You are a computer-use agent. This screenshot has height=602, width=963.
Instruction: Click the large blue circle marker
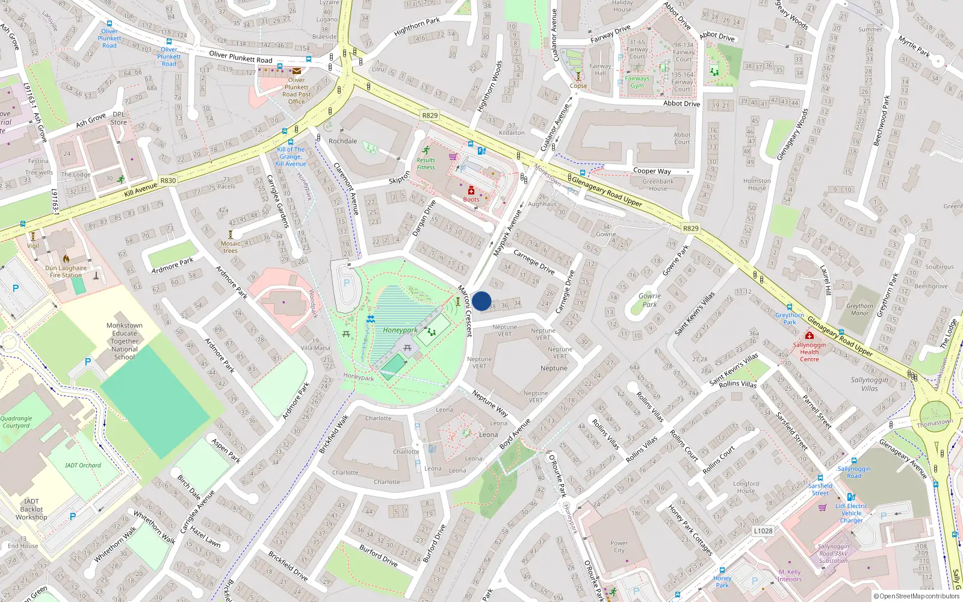point(482,301)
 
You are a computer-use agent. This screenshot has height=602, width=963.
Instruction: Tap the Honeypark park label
point(400,330)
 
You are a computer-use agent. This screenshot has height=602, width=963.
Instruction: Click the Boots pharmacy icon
point(471,191)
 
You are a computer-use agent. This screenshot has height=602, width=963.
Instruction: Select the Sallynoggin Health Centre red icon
point(810,335)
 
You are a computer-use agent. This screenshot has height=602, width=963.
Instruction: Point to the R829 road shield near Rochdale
point(430,116)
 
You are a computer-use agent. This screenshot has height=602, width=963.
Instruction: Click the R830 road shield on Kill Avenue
point(168,181)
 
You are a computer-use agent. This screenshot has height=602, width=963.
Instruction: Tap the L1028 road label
point(763,531)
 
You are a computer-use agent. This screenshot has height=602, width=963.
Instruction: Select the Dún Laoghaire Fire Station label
point(66,272)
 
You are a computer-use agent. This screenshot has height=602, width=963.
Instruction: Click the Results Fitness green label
point(426,164)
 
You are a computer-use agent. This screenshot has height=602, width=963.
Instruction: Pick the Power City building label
point(619,547)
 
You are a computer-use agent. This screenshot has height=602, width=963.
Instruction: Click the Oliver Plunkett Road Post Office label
point(296,90)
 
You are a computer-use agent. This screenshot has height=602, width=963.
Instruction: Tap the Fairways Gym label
point(637,82)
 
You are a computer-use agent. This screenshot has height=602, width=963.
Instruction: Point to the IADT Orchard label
point(83,465)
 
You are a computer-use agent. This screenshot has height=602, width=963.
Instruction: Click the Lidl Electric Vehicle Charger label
point(851,513)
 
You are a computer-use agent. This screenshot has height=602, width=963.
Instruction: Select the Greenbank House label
point(658,185)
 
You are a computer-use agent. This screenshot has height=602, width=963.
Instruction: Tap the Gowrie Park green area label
point(649,300)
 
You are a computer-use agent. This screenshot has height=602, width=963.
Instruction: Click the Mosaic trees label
point(231,247)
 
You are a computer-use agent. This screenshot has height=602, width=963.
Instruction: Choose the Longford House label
point(746,487)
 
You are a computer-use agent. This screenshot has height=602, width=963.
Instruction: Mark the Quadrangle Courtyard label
point(16,422)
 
